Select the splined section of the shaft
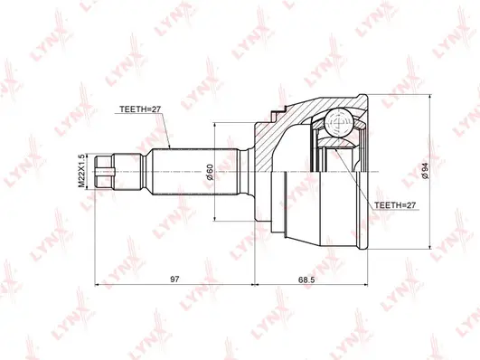[x=174, y=170]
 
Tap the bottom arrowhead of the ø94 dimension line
[x=428, y=246]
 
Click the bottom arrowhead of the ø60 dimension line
[x=213, y=217]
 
